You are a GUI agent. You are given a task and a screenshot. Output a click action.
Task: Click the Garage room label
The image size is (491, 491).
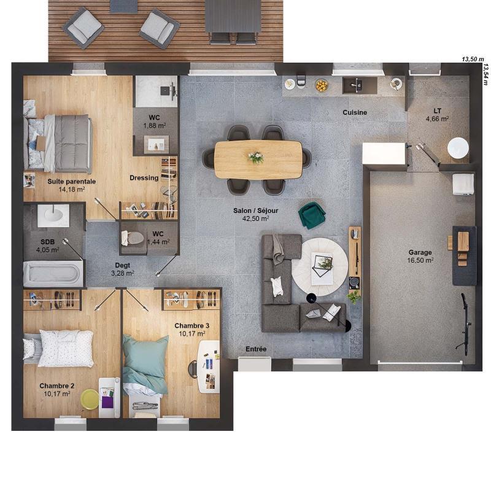[x=420, y=252]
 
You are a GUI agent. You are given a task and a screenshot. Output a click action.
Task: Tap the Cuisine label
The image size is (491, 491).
[x=355, y=112]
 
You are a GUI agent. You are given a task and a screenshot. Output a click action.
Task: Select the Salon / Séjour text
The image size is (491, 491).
[x=255, y=211]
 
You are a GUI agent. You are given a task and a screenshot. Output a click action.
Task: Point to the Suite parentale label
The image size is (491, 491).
[x=71, y=182]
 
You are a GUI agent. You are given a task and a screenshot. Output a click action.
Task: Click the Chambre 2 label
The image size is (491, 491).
[x=57, y=385]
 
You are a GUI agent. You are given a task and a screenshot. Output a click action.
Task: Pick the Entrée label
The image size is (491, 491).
[x=256, y=349]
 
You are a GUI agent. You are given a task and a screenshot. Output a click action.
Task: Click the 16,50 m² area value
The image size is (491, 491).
[x=421, y=260]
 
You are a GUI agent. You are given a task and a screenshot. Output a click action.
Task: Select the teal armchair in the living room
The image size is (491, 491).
[x=311, y=215]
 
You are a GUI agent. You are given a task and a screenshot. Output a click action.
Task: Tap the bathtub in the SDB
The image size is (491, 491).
[x=53, y=273]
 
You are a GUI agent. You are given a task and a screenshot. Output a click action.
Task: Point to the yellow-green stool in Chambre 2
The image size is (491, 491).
[x=90, y=399]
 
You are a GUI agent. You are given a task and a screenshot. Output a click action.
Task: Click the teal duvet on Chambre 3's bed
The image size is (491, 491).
[x=145, y=362]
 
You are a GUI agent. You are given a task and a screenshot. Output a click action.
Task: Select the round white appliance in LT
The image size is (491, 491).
[x=457, y=149]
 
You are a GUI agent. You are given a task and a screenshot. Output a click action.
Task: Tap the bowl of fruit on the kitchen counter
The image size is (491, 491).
[x=322, y=85]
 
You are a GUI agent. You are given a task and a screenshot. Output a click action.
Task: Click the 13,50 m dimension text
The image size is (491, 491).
[x=473, y=59]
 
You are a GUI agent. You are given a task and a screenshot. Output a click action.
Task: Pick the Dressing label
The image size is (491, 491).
[x=144, y=178]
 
